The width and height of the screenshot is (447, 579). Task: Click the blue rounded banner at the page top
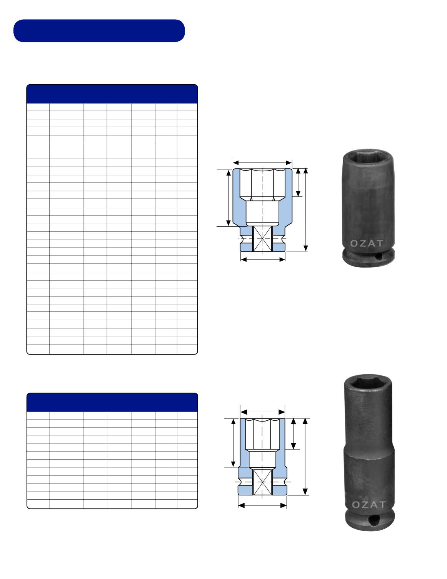pyautogui.click(x=99, y=31)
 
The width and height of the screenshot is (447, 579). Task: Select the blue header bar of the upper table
pyautogui.click(x=112, y=94)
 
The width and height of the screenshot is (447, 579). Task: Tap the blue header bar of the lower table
pyautogui.click(x=112, y=402)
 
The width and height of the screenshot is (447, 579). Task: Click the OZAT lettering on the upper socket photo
pyautogui.click(x=366, y=243)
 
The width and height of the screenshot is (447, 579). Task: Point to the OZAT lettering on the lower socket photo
pyautogui.click(x=369, y=505)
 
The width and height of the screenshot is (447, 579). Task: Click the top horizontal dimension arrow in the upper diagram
pyautogui.click(x=262, y=163)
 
